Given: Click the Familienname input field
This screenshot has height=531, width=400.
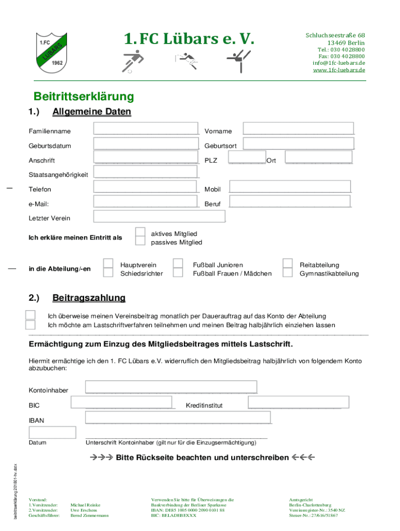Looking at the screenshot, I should (146, 129).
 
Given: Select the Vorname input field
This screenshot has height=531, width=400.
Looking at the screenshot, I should (299, 129).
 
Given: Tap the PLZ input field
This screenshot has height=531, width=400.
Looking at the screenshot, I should (247, 158).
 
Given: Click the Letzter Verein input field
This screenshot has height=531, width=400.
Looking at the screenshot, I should (159, 216).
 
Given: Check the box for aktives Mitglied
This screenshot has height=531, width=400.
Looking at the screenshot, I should (140, 232).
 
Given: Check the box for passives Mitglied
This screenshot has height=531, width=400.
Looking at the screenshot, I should (140, 241).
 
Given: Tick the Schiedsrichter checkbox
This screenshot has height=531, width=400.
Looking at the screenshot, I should (108, 272).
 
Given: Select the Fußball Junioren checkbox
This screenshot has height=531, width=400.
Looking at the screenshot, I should (178, 263).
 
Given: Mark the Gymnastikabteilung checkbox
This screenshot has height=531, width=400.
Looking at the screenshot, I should (288, 272).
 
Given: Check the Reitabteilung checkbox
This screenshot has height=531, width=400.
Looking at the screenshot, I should (288, 263).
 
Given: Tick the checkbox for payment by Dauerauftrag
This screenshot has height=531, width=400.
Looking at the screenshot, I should (31, 315).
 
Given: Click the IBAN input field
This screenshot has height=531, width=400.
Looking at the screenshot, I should (178, 417).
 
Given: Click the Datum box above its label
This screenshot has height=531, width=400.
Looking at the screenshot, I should (52, 432).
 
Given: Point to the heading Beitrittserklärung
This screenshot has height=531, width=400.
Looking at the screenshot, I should (84, 96).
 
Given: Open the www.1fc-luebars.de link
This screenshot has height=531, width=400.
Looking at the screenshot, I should (339, 70).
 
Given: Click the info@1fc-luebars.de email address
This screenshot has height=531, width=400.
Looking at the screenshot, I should (339, 63).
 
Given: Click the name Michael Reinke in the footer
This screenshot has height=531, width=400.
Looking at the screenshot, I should (85, 505).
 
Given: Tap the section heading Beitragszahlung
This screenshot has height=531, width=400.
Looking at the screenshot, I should (89, 298).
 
